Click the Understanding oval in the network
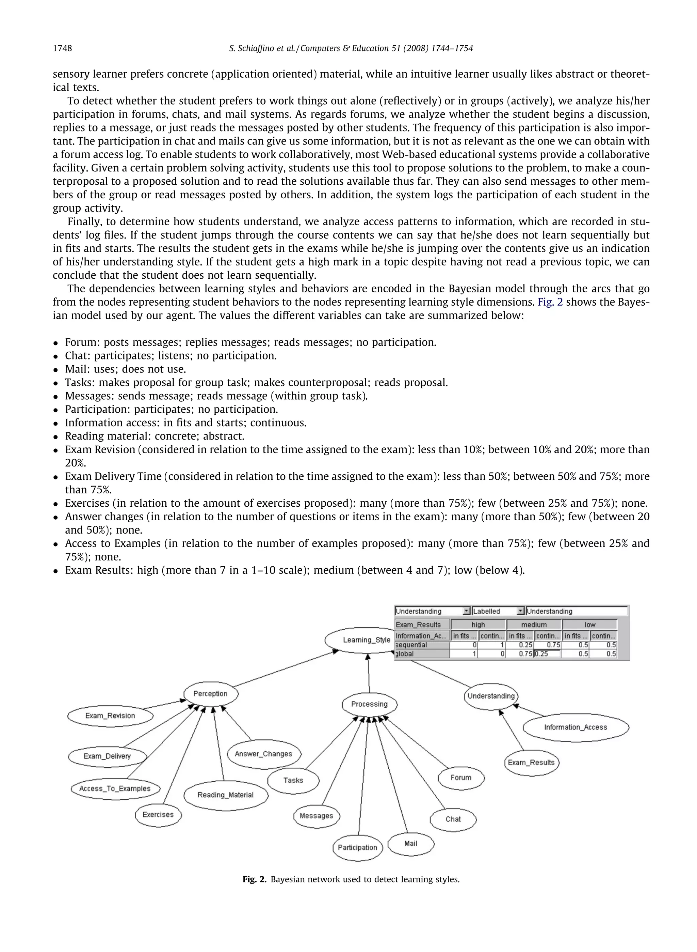tap(491, 696)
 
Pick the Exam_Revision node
tap(110, 716)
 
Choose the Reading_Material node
tap(226, 795)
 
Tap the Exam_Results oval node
tap(531, 762)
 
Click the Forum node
tap(461, 777)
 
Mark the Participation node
tap(357, 847)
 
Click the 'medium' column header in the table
tap(534, 625)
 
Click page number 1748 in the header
tap(62, 48)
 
